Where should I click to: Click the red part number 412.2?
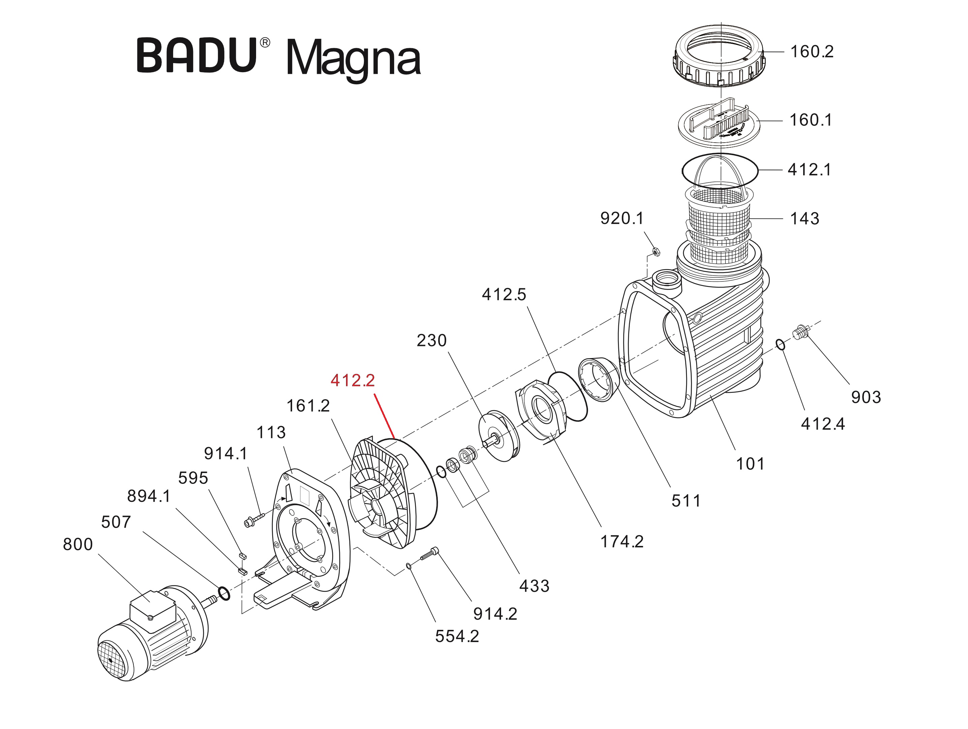tap(352, 380)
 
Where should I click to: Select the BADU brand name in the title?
tap(197, 56)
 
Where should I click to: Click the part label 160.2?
tap(812, 52)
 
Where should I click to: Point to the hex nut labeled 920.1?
tap(656, 252)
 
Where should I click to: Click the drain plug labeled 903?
tap(801, 333)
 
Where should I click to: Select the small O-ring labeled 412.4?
tap(781, 345)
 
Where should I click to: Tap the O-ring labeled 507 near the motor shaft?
tap(224, 594)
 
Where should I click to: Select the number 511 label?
tap(686, 501)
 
